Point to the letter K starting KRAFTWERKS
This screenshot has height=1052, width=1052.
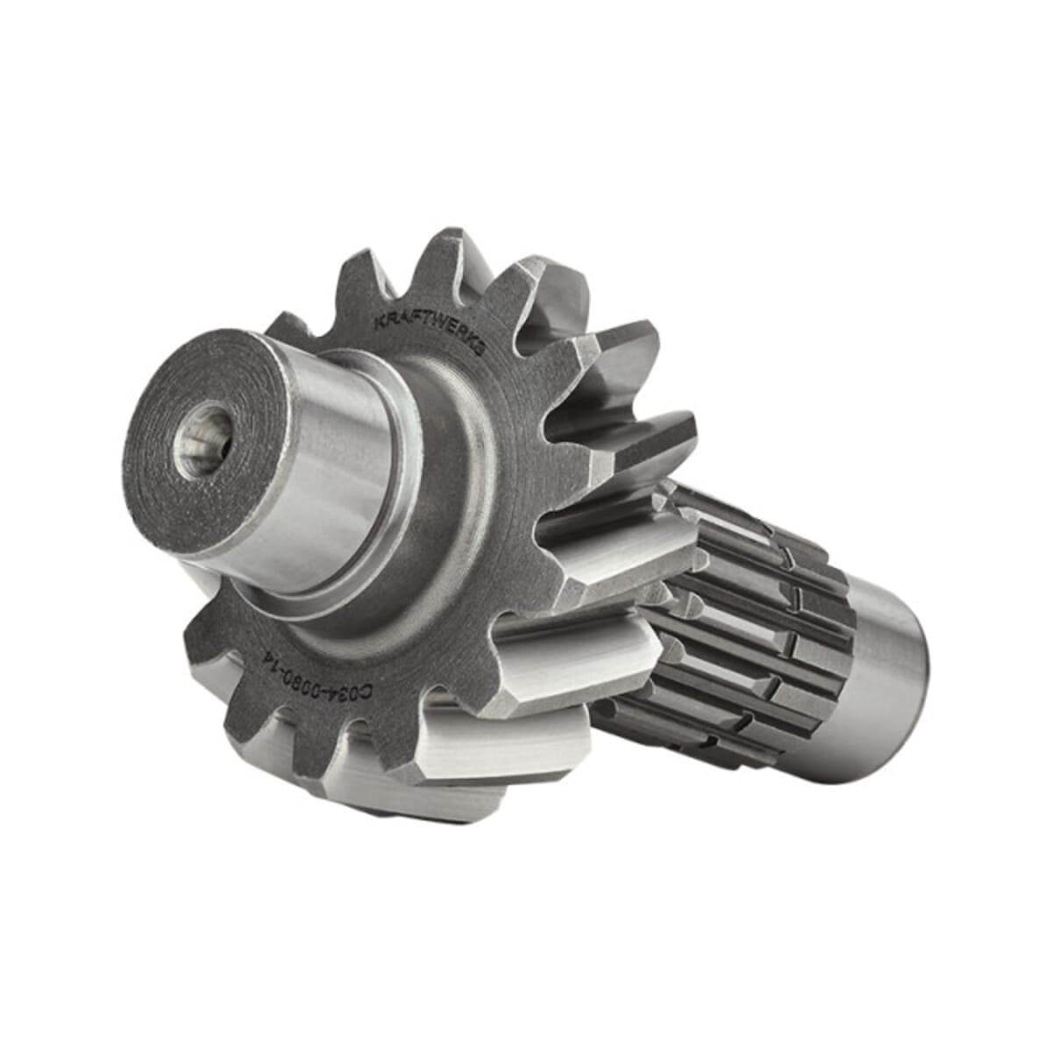379,323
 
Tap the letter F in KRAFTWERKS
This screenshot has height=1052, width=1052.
408,320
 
